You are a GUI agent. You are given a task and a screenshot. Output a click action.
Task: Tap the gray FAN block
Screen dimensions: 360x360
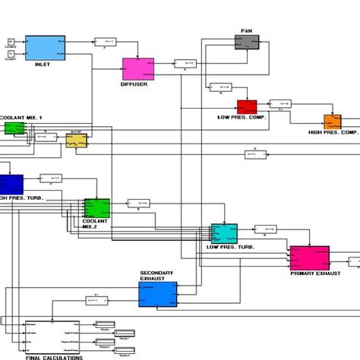coord(246,42)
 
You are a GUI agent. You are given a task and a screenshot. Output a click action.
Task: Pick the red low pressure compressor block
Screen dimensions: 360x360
coord(247,107)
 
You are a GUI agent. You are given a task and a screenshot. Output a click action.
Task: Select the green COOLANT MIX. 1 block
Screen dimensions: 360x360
coord(14,128)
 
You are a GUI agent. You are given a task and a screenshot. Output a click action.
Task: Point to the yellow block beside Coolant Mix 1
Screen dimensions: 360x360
coord(76,141)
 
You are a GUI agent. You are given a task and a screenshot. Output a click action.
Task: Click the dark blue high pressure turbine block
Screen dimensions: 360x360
coord(11,184)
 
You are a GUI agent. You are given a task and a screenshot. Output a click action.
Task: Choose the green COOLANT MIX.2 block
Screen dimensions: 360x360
coord(96,207)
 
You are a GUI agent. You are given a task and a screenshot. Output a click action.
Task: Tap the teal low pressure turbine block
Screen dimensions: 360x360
coord(224,233)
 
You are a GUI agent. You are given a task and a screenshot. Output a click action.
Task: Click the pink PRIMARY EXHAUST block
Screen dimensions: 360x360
coord(309,257)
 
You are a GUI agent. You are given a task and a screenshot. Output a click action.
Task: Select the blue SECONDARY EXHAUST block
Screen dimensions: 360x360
coord(157,294)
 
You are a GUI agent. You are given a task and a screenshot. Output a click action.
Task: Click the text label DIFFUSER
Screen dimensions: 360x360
coord(134,85)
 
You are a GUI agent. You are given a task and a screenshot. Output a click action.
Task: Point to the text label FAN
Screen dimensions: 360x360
coord(246,30)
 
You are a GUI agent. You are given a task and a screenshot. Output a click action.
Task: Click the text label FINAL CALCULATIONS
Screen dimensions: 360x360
coord(54,355)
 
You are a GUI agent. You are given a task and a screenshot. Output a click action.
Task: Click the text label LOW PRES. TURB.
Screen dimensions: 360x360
coord(229,248)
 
